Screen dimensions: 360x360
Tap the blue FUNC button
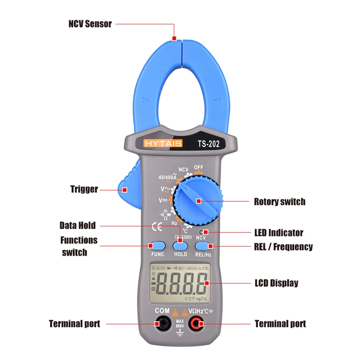157,245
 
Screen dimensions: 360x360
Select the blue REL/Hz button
203,245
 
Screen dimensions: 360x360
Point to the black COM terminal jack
162,323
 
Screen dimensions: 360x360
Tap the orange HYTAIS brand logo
163,144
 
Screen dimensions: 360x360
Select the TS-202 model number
208,144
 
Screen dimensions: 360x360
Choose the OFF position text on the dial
199,167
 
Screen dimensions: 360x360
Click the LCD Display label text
276,283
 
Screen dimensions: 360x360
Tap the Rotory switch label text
279,202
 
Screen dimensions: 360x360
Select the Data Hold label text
78,225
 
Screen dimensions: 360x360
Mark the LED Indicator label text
279,233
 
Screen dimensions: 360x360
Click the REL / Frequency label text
283,247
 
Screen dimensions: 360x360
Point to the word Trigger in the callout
84,189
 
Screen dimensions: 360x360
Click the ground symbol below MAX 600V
180,333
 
